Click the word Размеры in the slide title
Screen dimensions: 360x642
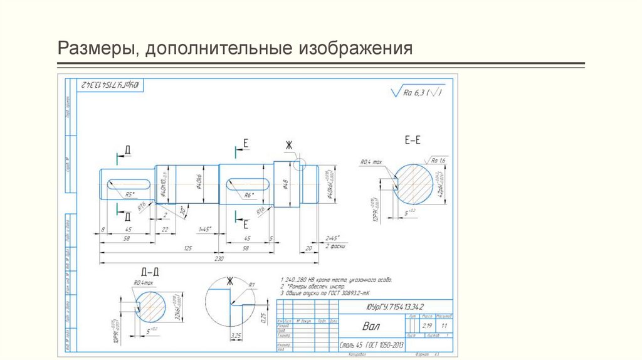(x=93, y=48)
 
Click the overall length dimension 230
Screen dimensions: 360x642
(x=219, y=258)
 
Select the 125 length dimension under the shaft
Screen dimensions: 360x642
(x=187, y=248)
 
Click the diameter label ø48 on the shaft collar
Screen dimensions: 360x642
(x=285, y=183)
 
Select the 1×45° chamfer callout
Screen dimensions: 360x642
(x=205, y=228)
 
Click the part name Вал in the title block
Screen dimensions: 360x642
(x=371, y=327)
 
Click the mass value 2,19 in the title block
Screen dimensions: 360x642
(x=429, y=327)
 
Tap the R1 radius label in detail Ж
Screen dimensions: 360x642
(x=251, y=285)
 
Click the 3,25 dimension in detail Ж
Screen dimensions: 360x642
(x=237, y=337)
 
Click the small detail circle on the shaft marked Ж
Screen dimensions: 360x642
(x=299, y=165)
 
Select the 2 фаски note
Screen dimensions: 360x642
(x=332, y=247)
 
